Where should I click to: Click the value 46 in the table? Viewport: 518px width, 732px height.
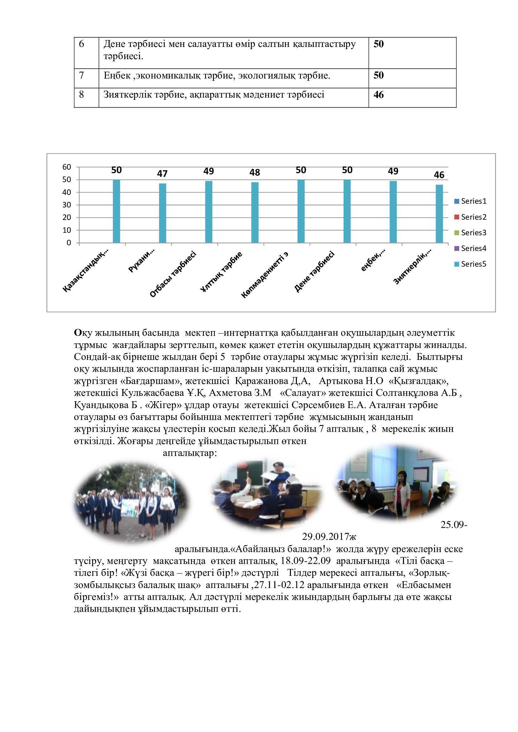pos(379,95)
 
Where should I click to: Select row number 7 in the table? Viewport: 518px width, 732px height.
pos(81,75)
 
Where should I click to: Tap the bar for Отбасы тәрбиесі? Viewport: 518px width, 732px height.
pos(209,211)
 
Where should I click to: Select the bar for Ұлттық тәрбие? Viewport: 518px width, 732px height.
pos(255,212)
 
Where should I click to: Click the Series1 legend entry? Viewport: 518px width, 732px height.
pos(470,201)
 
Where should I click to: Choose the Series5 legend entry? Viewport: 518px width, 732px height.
pos(470,264)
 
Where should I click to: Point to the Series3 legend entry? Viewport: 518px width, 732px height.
pos(470,233)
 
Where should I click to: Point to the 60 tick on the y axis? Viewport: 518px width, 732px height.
pos(66,167)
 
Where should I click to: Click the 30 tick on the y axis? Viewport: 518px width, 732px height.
pos(66,205)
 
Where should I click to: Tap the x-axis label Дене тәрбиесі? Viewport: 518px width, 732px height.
pos(314,272)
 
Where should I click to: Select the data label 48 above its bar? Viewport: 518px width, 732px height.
pos(255,172)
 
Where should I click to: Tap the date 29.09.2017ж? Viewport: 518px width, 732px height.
pos(329,537)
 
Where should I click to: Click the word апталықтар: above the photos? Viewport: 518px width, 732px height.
pos(190,453)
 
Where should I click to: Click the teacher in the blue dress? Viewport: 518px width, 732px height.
pos(281,478)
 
